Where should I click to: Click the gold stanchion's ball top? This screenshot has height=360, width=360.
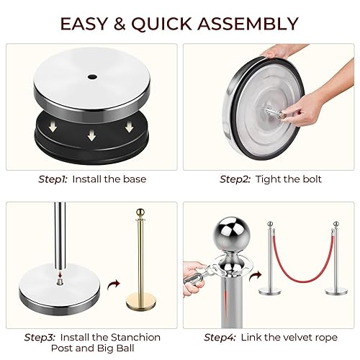click(140, 213)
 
